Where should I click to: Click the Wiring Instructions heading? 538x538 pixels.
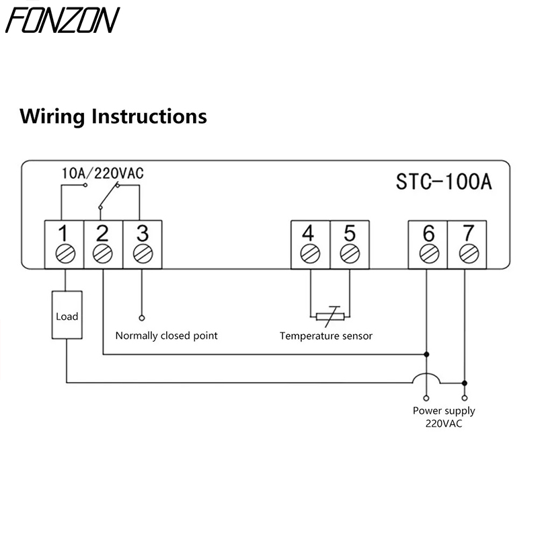[114, 116]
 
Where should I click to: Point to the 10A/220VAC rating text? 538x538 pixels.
[102, 173]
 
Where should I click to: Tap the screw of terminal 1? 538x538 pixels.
[63, 254]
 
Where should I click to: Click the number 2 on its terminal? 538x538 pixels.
[102, 233]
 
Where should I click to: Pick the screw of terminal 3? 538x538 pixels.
[142, 254]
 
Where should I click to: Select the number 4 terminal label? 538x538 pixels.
[309, 233]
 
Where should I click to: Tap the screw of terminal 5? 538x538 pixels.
[349, 254]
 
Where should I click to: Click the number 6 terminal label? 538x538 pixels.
[428, 233]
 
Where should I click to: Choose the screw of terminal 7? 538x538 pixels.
[467, 254]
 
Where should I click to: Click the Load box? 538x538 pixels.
[67, 315]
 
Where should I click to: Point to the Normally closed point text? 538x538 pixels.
[167, 336]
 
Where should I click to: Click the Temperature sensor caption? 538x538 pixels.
[326, 336]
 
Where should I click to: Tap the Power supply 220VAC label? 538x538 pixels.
[444, 417]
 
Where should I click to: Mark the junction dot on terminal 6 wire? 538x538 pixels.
[426, 353]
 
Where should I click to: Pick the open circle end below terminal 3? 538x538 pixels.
[142, 317]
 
